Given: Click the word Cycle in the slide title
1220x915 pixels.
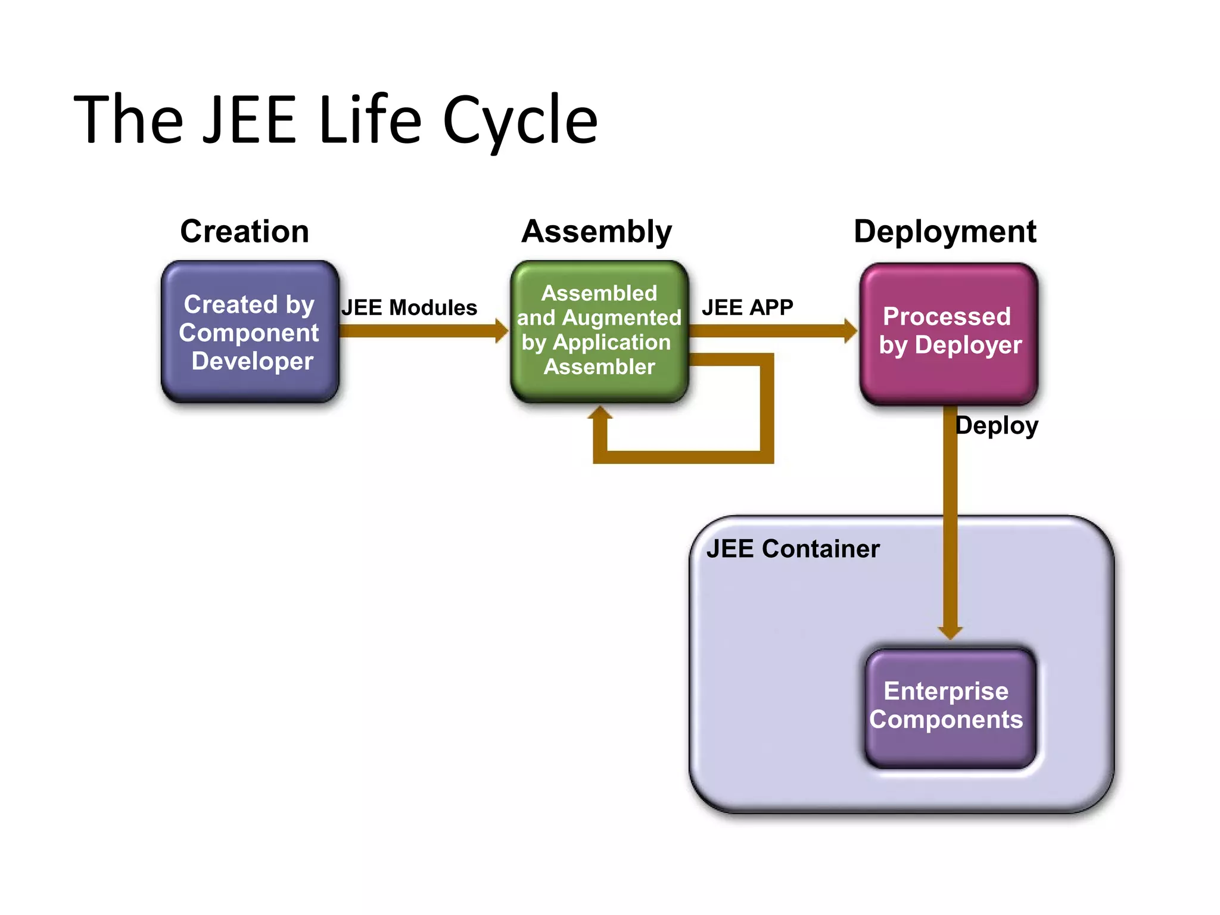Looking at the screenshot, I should (519, 121).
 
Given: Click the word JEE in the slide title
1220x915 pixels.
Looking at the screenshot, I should (249, 121).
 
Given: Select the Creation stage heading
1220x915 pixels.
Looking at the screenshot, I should (244, 231).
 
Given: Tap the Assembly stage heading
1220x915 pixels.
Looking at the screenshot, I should (596, 231).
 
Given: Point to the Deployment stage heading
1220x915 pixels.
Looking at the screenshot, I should (945, 231).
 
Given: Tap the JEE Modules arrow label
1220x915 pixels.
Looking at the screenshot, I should (409, 307).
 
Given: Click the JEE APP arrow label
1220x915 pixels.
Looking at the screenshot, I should (747, 307).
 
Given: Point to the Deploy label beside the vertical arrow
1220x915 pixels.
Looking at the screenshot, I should (997, 425).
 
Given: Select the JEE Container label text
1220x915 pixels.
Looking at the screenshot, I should (792, 549).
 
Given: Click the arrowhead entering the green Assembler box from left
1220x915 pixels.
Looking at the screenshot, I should (502, 331).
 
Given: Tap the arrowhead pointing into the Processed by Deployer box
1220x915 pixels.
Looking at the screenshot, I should (851, 331).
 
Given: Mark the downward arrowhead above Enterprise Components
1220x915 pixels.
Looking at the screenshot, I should (950, 633).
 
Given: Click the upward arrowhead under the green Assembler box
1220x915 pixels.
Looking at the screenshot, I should (600, 413).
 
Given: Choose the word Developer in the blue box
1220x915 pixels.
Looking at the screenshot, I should (252, 361).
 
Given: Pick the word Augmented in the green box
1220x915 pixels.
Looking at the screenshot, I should (621, 318).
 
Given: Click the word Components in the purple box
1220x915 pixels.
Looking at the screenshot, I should (945, 720).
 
